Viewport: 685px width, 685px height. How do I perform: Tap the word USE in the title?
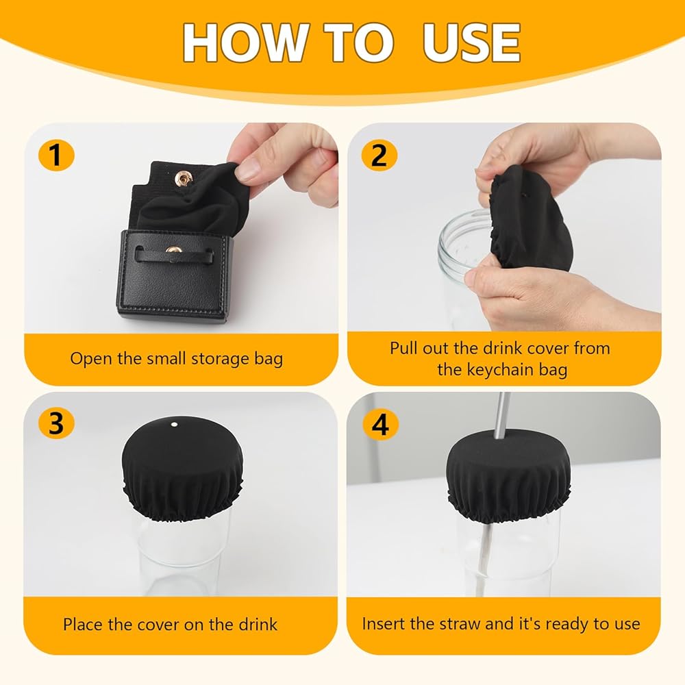click(472, 42)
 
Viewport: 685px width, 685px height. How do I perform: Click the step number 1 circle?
click(56, 155)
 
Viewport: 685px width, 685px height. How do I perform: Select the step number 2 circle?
click(379, 155)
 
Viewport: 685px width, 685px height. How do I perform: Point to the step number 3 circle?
click(56, 423)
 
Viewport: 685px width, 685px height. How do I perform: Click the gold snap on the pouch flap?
click(183, 178)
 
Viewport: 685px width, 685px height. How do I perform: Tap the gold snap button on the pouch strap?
click(174, 251)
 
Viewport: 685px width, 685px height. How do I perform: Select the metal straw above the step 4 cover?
click(501, 416)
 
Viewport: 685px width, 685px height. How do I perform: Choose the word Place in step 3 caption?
click(83, 624)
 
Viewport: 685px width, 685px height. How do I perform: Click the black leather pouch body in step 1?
click(174, 275)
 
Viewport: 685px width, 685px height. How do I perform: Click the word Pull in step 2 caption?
click(403, 348)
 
